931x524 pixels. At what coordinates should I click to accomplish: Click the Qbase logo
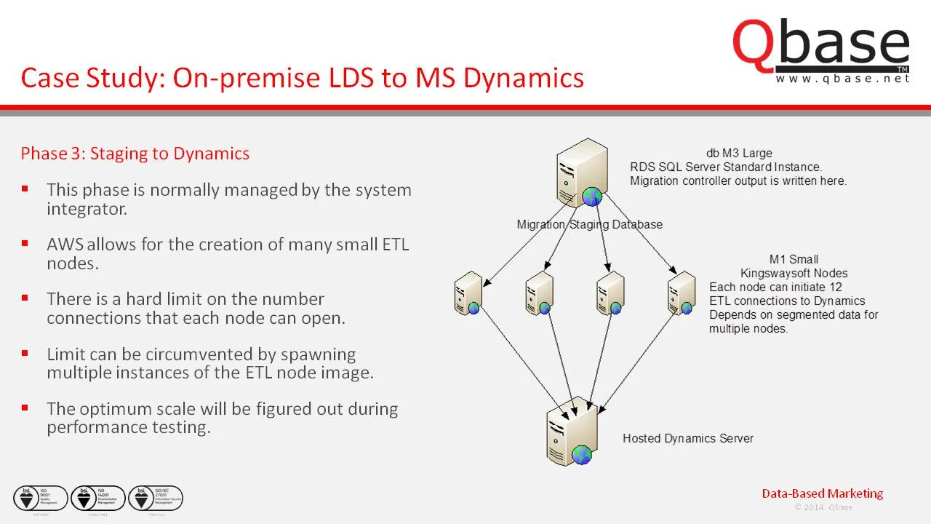click(x=820, y=45)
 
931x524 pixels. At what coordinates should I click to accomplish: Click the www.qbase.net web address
click(x=842, y=79)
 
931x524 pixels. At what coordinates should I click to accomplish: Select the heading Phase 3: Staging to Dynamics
click(x=135, y=154)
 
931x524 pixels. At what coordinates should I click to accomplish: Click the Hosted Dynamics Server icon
click(x=572, y=432)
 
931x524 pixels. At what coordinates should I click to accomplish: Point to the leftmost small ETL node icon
click(x=468, y=293)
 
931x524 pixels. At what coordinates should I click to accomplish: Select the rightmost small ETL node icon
click(x=682, y=293)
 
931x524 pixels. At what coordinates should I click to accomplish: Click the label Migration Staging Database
click(x=589, y=224)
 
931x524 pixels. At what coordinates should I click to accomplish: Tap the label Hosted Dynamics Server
click(x=687, y=438)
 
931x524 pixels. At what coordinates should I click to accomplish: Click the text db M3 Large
click(x=738, y=154)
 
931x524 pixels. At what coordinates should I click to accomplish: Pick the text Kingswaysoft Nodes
click(x=794, y=273)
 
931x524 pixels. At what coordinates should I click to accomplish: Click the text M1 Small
click(x=794, y=259)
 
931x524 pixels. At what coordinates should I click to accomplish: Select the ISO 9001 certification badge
click(x=41, y=499)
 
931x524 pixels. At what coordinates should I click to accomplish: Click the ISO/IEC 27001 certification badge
click(x=156, y=499)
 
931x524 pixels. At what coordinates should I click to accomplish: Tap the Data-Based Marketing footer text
click(x=822, y=493)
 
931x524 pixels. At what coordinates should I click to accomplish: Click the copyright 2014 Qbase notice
click(x=823, y=507)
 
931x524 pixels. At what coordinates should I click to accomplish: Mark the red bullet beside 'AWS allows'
click(x=25, y=244)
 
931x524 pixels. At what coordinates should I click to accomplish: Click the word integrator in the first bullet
click(x=87, y=209)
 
